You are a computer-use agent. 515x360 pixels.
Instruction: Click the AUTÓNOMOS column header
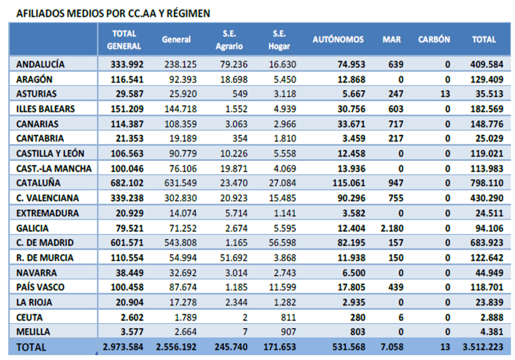coord(338,39)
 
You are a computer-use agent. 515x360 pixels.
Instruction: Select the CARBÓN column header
coord(434,39)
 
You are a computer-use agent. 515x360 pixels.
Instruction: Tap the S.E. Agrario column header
coord(229,40)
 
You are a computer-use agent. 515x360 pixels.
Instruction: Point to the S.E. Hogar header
coord(279,40)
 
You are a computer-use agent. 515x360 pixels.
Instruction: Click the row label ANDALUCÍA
coord(41,64)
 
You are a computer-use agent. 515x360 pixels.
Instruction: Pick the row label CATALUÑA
coord(39,183)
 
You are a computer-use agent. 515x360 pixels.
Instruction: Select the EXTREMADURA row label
coord(47,213)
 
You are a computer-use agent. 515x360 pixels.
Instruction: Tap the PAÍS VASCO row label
coord(41,287)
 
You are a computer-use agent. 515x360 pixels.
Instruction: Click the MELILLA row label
coord(33,332)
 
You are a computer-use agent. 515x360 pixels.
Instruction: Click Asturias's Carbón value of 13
coord(445,94)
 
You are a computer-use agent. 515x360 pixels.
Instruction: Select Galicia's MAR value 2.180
coord(392,228)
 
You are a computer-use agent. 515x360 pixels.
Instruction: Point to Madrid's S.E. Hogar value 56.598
coord(282,243)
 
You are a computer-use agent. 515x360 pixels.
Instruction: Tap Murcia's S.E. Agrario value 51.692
coord(234,258)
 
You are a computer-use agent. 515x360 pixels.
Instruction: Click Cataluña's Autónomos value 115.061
coord(349,183)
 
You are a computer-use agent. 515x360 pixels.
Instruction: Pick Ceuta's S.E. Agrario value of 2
coord(245,318)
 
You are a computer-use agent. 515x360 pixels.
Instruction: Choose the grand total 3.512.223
coord(483,347)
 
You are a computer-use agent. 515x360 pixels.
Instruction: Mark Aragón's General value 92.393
coord(183,80)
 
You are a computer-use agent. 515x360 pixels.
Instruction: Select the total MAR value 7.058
coord(392,347)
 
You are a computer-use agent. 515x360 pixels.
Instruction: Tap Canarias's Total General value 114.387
coord(127,124)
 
